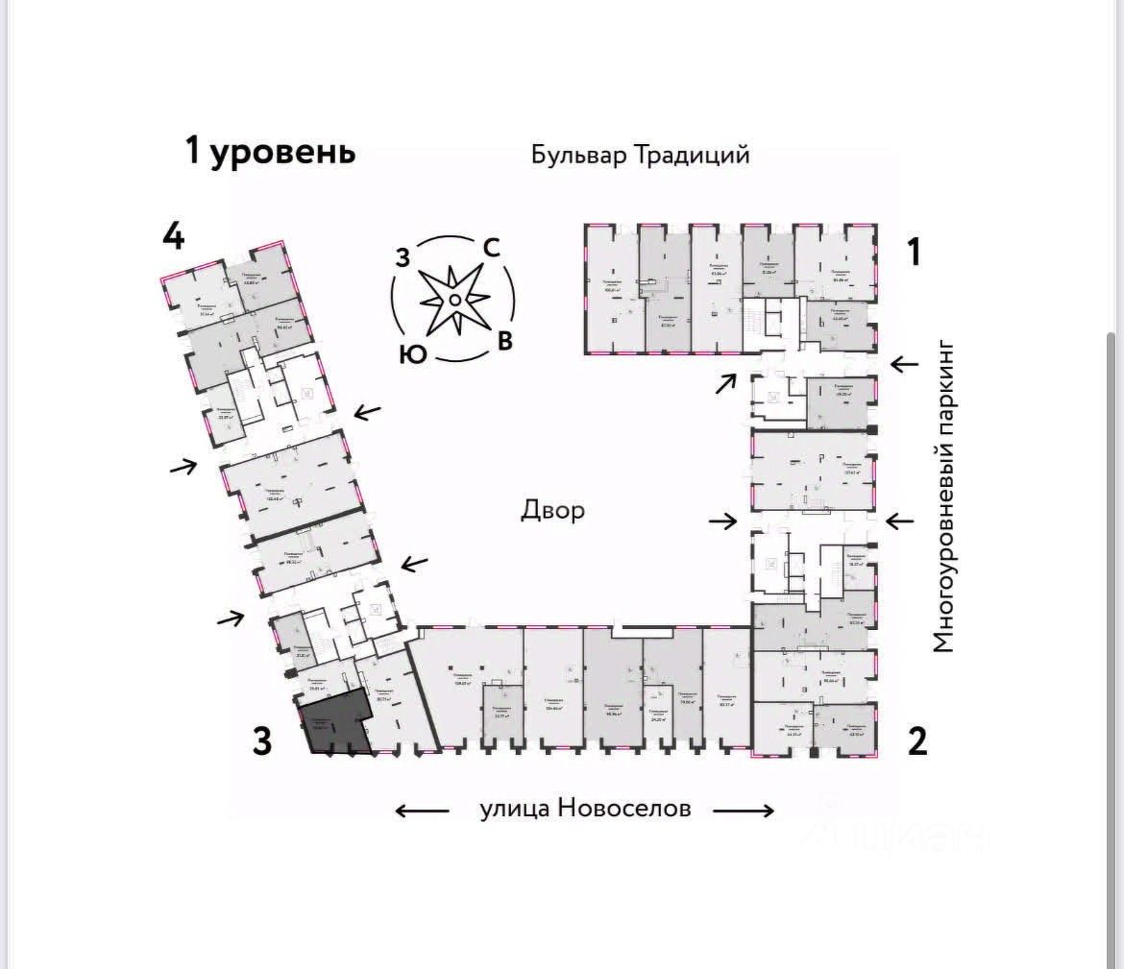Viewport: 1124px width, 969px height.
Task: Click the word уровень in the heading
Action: point(282,152)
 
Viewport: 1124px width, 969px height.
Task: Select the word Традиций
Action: point(691,155)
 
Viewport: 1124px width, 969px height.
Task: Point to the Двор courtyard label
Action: point(552,509)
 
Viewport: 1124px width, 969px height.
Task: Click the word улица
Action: point(514,809)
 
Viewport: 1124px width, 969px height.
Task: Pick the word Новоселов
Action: point(624,809)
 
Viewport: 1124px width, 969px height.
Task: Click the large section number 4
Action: point(173,236)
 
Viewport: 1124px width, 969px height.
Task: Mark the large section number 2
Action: point(917,741)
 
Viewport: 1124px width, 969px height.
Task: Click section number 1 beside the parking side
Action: point(915,252)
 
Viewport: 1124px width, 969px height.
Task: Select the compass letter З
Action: point(403,257)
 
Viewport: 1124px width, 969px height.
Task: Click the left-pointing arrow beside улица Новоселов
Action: point(422,810)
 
